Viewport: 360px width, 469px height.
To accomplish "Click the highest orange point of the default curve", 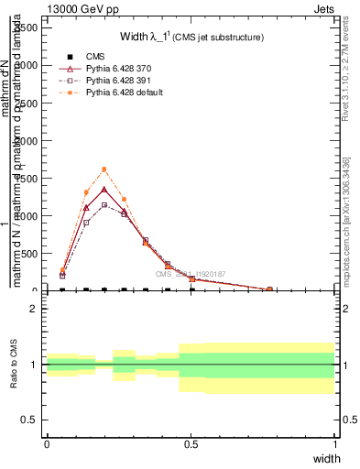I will click(104, 169).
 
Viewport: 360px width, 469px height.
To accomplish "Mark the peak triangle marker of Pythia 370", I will click(104, 190).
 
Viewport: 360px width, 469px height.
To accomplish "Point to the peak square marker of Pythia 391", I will click(104, 204).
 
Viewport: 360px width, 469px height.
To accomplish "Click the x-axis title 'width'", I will click(326, 458).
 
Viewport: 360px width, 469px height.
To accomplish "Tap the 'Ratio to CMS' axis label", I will click(14, 365).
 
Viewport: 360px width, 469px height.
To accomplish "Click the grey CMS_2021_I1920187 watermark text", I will click(190, 274).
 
